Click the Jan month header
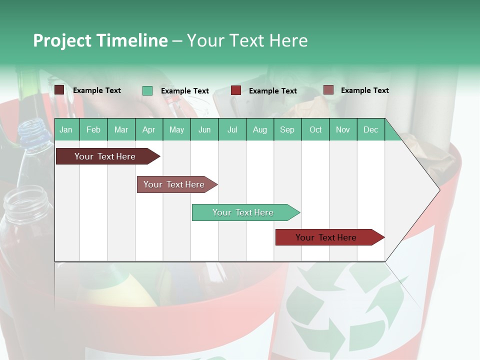(x=66, y=129)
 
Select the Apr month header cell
(x=149, y=129)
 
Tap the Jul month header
(x=232, y=129)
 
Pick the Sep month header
(x=287, y=129)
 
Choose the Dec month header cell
(x=370, y=129)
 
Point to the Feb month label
(x=93, y=129)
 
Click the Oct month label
(x=315, y=129)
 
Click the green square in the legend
(x=147, y=90)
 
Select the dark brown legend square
(x=59, y=90)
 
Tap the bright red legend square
(x=236, y=90)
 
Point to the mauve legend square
(x=328, y=90)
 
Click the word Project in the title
(x=62, y=40)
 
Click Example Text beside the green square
(x=184, y=91)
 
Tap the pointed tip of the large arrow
(x=438, y=189)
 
